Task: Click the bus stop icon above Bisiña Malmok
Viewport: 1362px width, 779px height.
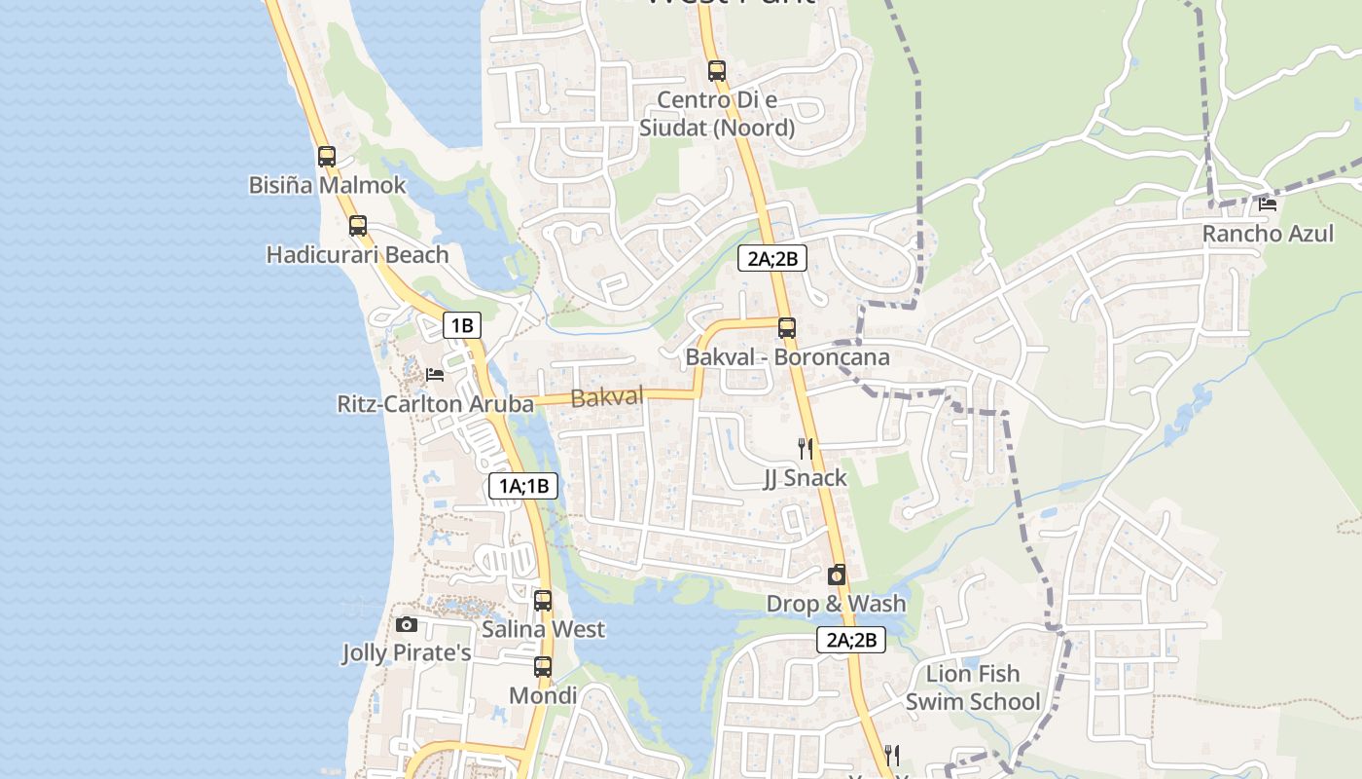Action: (327, 157)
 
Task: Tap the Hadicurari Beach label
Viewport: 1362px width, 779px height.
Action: (357, 255)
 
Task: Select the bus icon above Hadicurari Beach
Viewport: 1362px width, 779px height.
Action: (358, 226)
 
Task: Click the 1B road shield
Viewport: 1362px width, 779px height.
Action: (462, 325)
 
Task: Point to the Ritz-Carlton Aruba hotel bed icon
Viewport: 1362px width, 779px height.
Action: (435, 375)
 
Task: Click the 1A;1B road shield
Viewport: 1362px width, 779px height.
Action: (523, 486)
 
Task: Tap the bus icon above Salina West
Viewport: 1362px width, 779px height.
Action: (543, 601)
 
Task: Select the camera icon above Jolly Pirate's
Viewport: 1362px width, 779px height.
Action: (407, 624)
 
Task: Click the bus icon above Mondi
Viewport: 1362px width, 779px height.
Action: (543, 667)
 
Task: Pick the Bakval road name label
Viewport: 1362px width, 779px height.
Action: (607, 397)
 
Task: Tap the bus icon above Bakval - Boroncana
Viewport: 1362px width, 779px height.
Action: (787, 328)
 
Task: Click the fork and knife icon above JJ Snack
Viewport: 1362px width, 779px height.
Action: (805, 448)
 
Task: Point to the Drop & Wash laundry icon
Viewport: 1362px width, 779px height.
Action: (836, 575)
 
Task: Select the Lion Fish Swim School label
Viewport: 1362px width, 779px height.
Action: (973, 687)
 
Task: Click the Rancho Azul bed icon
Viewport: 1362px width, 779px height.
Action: (1267, 204)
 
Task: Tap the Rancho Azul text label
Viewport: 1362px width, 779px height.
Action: (1268, 234)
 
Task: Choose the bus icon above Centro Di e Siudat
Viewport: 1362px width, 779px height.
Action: (717, 71)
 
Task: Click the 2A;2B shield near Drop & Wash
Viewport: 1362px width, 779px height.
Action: (850, 640)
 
